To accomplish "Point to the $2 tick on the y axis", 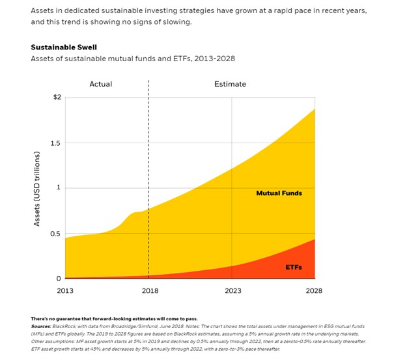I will pyautogui.click(x=57, y=97).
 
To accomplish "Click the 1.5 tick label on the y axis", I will pyautogui.click(x=55, y=143).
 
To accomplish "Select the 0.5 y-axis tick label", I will pyautogui.click(x=55, y=233).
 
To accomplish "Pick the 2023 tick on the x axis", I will pyautogui.click(x=232, y=291).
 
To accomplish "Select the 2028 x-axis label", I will pyautogui.click(x=315, y=291).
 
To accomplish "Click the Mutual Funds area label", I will pyautogui.click(x=279, y=193).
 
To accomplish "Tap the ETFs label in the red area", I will pyautogui.click(x=294, y=267).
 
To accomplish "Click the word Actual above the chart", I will pyautogui.click(x=100, y=84).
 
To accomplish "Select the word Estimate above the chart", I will pyautogui.click(x=231, y=84).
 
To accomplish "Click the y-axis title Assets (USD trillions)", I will pyautogui.click(x=38, y=189).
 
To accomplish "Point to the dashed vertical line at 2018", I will pyautogui.click(x=148, y=163).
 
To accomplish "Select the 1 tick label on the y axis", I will pyautogui.click(x=59, y=187).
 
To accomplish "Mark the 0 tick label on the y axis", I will pyautogui.click(x=59, y=279).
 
